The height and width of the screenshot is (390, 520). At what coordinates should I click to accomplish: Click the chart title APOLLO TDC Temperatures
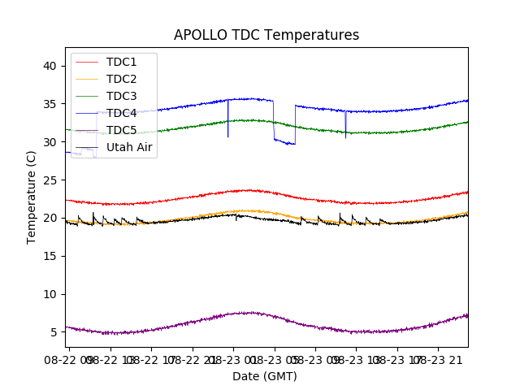coord(266,35)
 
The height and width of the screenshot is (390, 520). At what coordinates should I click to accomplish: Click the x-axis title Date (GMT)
coord(265,376)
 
